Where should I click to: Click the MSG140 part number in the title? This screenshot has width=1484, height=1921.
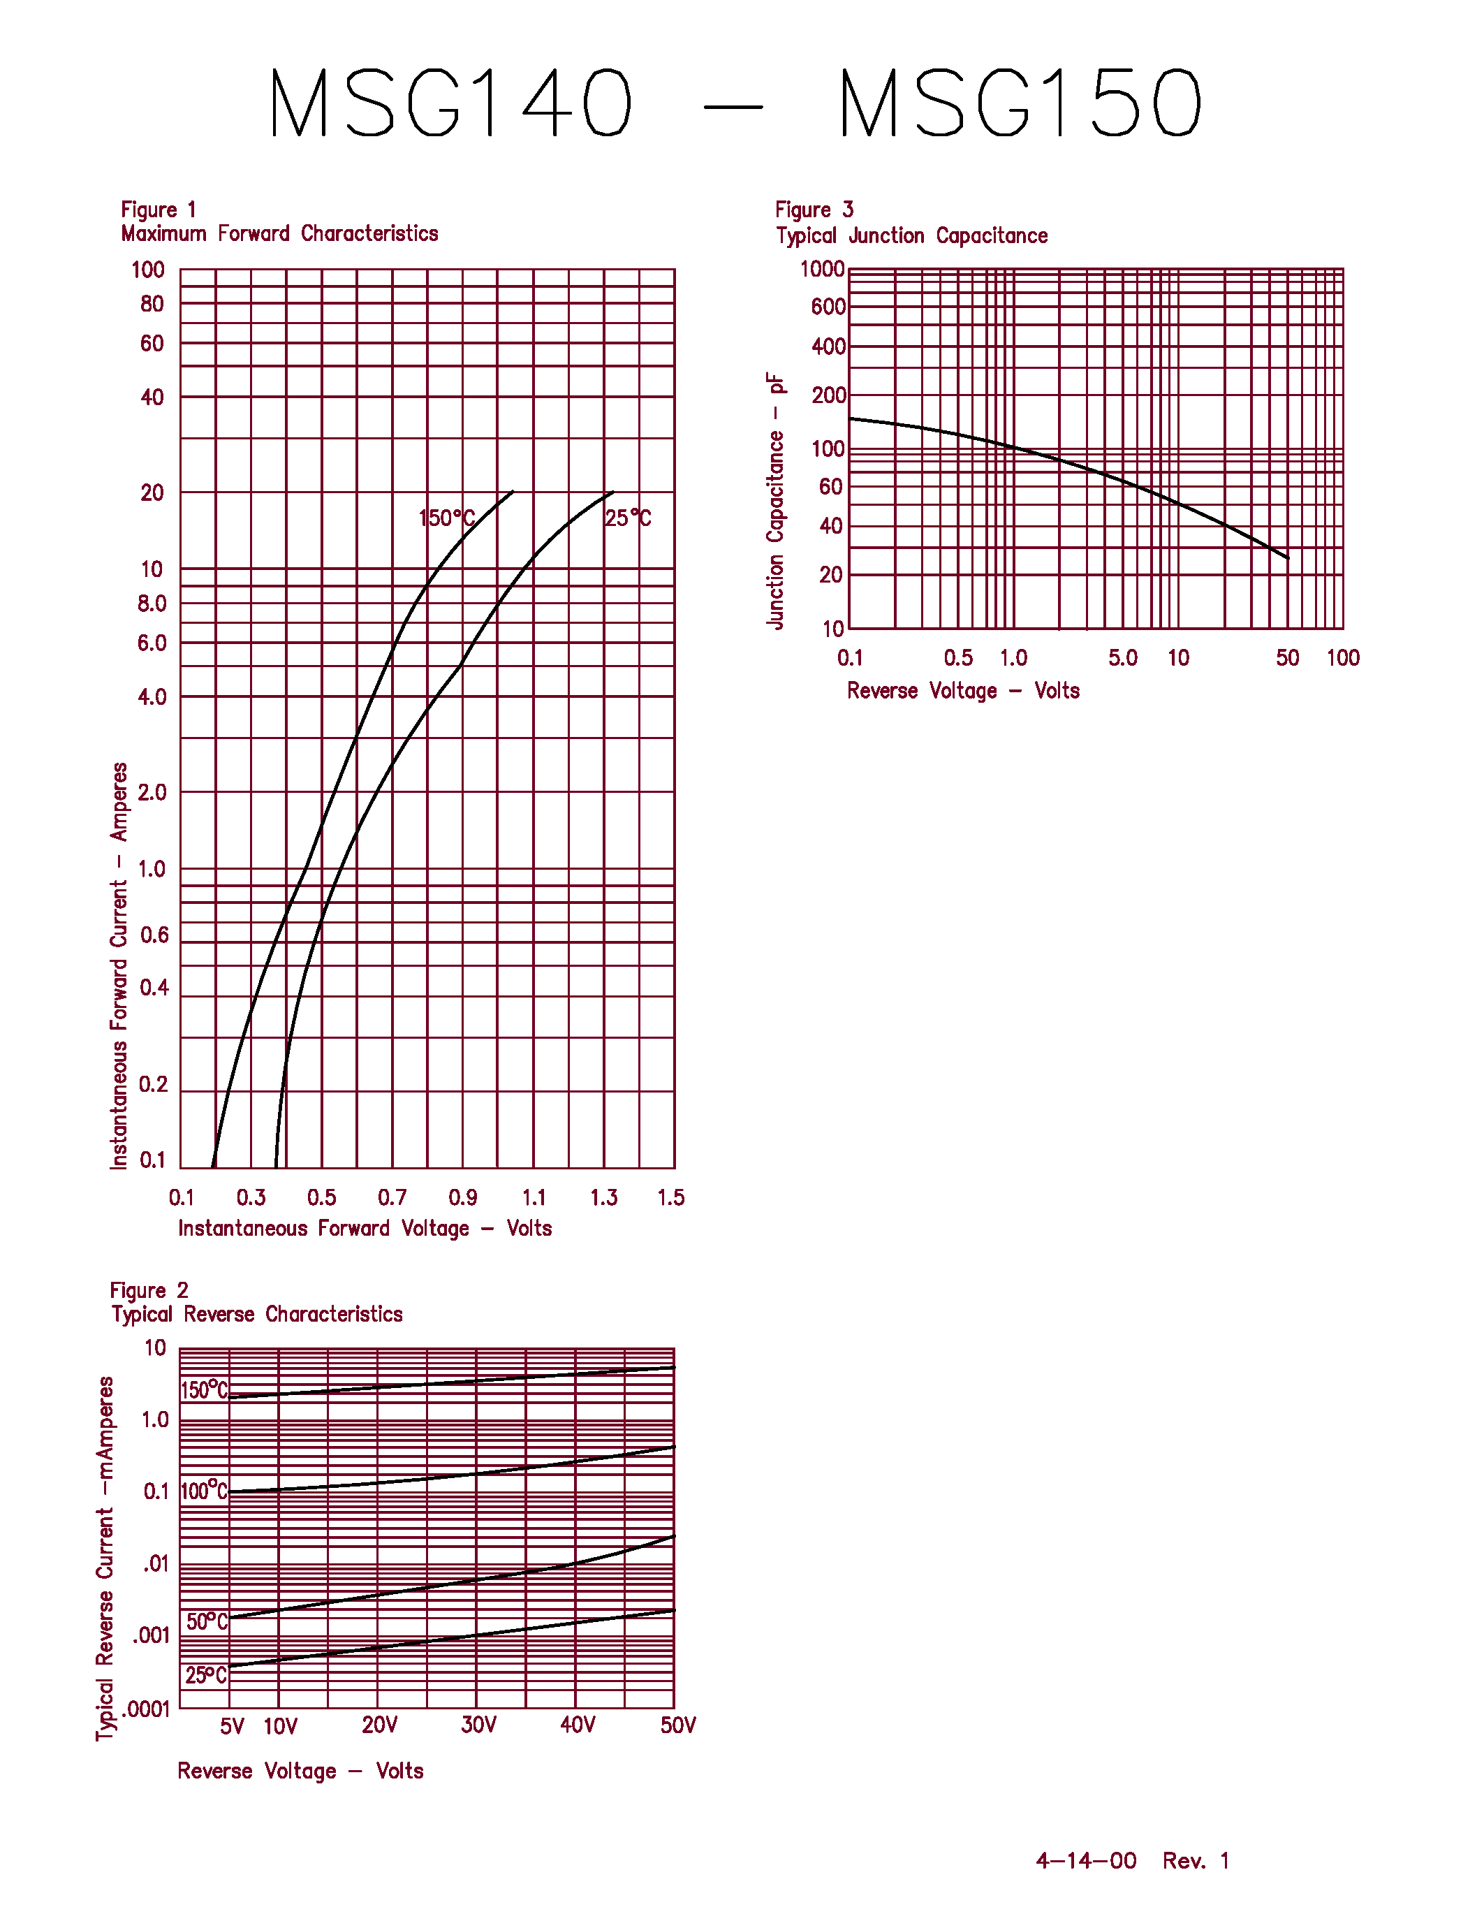[450, 104]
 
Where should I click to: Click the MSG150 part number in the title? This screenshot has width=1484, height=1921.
[1020, 104]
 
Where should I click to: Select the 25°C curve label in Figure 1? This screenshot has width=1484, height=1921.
[628, 518]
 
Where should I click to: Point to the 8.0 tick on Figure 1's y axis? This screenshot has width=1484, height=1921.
[152, 604]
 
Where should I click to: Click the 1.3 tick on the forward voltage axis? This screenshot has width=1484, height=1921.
[603, 1197]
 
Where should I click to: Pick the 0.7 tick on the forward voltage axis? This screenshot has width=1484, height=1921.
[392, 1197]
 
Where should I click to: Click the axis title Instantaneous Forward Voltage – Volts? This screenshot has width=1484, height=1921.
[365, 1228]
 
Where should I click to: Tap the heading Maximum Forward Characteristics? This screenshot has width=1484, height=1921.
[279, 233]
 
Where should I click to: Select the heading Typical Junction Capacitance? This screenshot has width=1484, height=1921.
[911, 235]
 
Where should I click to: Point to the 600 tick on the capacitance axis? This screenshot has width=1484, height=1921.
[828, 307]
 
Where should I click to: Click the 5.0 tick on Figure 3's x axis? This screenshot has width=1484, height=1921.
[1123, 658]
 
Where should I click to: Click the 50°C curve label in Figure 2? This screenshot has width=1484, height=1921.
[207, 1621]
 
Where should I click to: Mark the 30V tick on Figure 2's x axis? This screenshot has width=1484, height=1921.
[478, 1725]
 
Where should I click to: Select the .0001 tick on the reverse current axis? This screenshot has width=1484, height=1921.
[146, 1709]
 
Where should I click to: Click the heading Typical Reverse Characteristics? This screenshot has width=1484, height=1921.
[257, 1314]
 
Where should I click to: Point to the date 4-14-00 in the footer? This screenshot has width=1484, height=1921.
[1086, 1860]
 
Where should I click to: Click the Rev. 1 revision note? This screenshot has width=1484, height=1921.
[1196, 1860]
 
